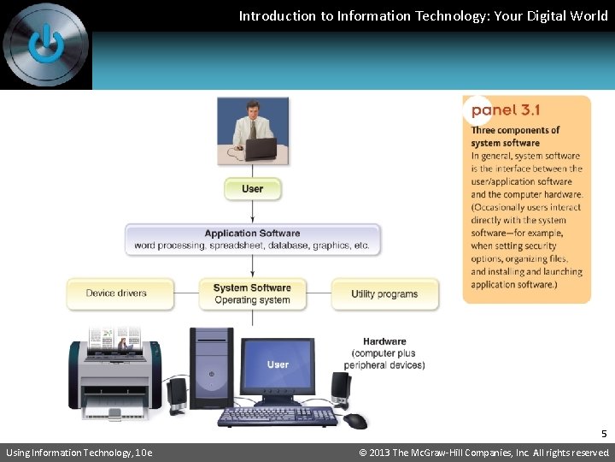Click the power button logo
tap(45, 44)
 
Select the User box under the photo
tap(252, 188)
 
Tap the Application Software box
tap(252, 240)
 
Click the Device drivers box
tap(120, 293)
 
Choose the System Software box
tap(252, 293)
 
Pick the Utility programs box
tap(384, 293)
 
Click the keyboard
tap(277, 417)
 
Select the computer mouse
tap(355, 420)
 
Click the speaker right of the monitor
tap(340, 389)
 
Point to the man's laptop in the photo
tap(260, 149)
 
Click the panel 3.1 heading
tap(506, 110)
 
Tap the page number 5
tap(603, 434)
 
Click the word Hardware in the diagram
tap(384, 341)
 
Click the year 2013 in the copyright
tap(381, 453)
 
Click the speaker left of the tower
tap(177, 393)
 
